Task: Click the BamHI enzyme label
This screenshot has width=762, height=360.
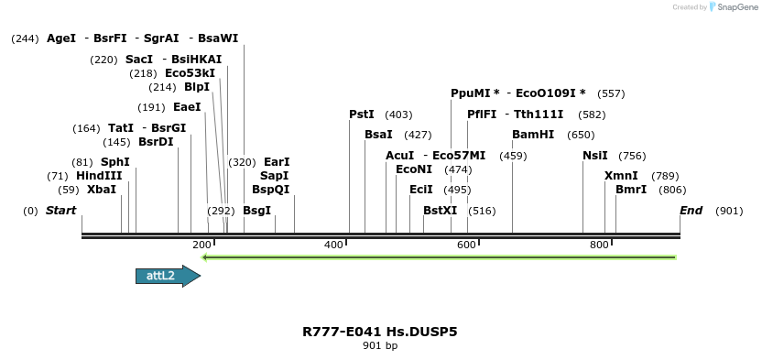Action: pyautogui.click(x=533, y=135)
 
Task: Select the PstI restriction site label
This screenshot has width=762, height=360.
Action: pyautogui.click(x=362, y=115)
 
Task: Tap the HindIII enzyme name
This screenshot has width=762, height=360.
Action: pyautogui.click(x=99, y=175)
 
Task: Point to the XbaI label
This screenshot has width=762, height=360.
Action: pyautogui.click(x=102, y=190)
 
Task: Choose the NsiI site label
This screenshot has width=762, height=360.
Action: pyautogui.click(x=595, y=155)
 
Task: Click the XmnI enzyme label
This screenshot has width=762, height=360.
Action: pyautogui.click(x=620, y=175)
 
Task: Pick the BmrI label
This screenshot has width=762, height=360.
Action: pyautogui.click(x=631, y=190)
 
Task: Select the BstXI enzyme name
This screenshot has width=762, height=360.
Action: pyautogui.click(x=440, y=211)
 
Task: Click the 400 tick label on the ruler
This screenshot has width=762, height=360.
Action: pyautogui.click(x=334, y=245)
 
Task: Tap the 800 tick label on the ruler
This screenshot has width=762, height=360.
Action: pyautogui.click(x=599, y=245)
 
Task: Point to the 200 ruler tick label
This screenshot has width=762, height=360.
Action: pyautogui.click(x=201, y=245)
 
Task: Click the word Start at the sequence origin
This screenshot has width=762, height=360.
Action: pyautogui.click(x=61, y=211)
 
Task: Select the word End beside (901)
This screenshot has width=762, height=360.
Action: pyautogui.click(x=691, y=211)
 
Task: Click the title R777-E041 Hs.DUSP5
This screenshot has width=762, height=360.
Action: pyautogui.click(x=379, y=331)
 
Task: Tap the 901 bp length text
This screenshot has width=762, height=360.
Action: pyautogui.click(x=380, y=345)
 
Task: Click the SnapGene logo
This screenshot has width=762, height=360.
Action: pyautogui.click(x=729, y=7)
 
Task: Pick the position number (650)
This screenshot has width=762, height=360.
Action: pyautogui.click(x=581, y=135)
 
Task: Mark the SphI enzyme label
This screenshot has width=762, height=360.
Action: pyautogui.click(x=115, y=161)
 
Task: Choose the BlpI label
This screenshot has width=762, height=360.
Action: pyautogui.click(x=197, y=87)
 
